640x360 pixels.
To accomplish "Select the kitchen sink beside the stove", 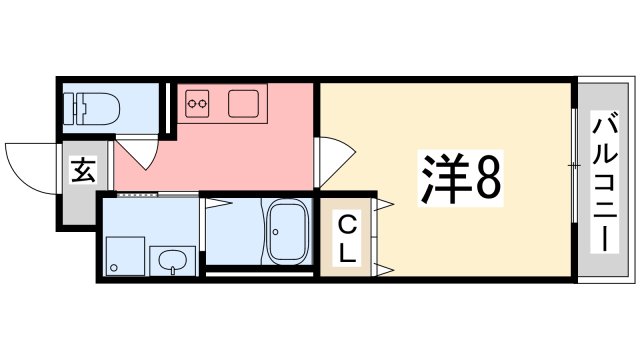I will pos(243,103).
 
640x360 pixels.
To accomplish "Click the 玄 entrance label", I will pos(82,171).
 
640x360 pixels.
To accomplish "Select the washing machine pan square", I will pos(124,255).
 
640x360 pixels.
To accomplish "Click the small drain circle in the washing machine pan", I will pos(114,267).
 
